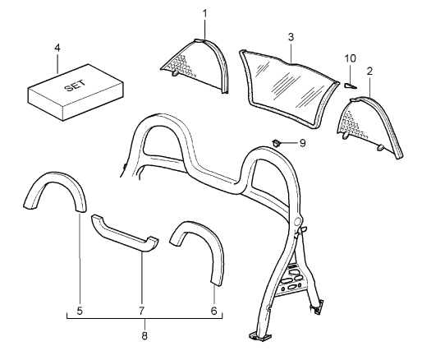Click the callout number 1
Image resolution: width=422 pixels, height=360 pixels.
pyautogui.click(x=204, y=14)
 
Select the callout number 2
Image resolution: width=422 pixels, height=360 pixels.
pyautogui.click(x=369, y=72)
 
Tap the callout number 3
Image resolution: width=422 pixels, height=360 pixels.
pyautogui.click(x=291, y=37)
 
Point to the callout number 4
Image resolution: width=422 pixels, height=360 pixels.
pyautogui.click(x=57, y=48)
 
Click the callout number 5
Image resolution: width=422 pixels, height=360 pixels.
pyautogui.click(x=80, y=311)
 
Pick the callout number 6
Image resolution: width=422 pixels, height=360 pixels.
pyautogui.click(x=213, y=311)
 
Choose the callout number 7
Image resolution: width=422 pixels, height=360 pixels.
pyautogui.click(x=141, y=311)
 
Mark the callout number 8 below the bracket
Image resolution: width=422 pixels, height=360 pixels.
pyautogui.click(x=144, y=335)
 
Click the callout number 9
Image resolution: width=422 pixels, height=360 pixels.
pyautogui.click(x=302, y=143)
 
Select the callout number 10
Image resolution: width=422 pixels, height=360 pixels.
pyautogui.click(x=350, y=58)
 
